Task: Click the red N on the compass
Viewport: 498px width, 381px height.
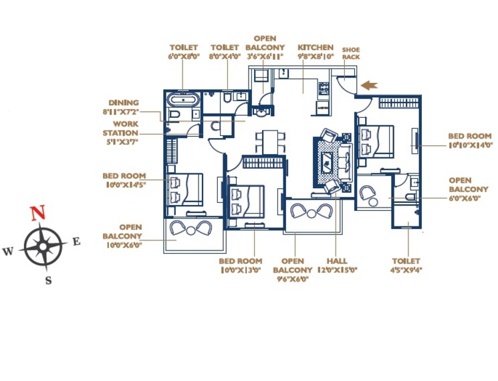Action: coord(39,214)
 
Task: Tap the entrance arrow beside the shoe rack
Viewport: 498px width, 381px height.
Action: coord(368,85)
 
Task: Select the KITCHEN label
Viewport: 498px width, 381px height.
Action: coord(315,48)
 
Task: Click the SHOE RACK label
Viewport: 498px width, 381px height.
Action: coord(351,54)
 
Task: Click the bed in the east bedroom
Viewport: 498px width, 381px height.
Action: coord(374,141)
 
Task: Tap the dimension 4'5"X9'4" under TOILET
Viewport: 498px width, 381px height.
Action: coord(406,271)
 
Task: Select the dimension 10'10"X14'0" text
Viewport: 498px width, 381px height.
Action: coord(471,145)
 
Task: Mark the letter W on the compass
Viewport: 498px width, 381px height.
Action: coord(8,252)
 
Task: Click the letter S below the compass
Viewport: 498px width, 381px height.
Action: coord(48,281)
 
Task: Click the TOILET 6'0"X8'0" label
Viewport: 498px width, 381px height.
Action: coord(183,52)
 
